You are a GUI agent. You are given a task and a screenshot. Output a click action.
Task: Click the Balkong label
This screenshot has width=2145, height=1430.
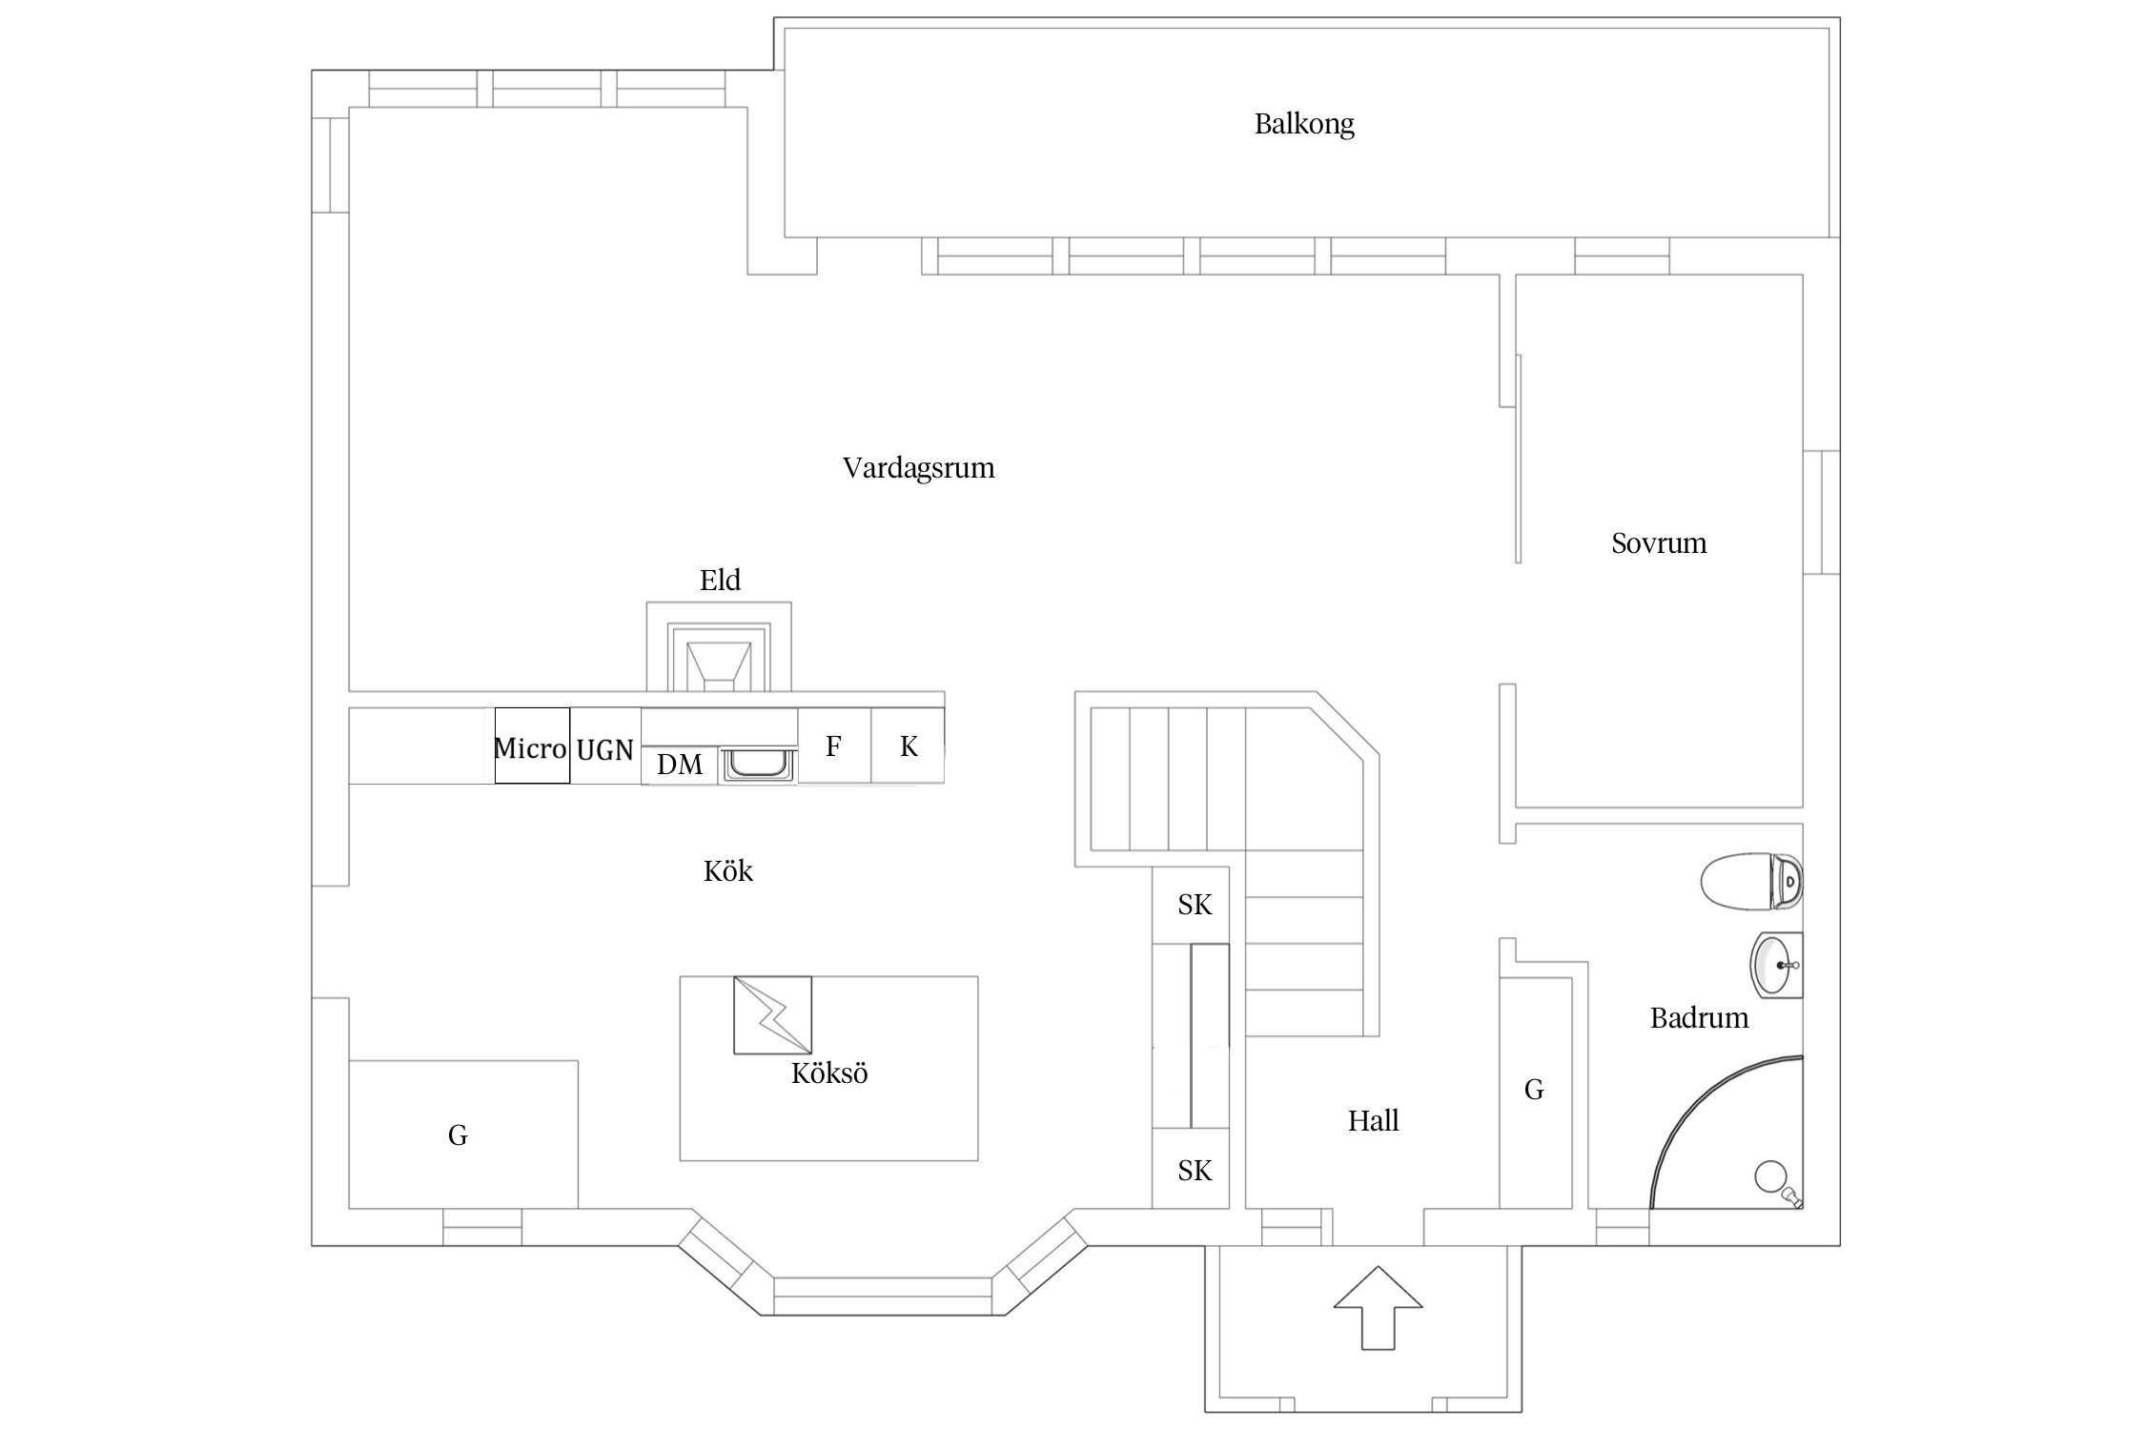(x=1303, y=124)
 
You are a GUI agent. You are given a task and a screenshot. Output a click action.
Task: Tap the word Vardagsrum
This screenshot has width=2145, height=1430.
(x=918, y=468)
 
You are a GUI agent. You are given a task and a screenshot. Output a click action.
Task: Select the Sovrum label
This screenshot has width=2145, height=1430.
(x=1659, y=543)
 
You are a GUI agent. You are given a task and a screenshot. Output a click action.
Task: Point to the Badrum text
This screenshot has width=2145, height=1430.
(x=1699, y=1018)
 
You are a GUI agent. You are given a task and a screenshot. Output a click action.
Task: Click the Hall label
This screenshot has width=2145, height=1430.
(x=1373, y=1121)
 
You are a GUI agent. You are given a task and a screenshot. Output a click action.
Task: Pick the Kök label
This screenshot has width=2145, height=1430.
(x=728, y=870)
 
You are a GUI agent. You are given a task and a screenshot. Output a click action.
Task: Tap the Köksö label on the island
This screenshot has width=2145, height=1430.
(x=829, y=1073)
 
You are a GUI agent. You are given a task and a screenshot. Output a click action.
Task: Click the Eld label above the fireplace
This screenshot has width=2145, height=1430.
(x=720, y=580)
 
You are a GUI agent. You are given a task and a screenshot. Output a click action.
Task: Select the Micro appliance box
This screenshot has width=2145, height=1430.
(x=532, y=746)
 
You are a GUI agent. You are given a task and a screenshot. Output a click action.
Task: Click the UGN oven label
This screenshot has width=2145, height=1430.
(x=605, y=750)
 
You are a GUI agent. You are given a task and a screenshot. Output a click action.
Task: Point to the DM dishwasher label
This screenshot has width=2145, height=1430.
(x=680, y=764)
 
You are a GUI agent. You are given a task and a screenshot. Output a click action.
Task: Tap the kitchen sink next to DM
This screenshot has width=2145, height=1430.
(x=759, y=765)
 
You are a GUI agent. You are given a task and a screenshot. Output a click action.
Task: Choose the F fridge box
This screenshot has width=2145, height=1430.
(x=834, y=746)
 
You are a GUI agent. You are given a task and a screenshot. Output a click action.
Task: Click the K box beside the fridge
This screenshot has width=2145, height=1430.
(x=908, y=746)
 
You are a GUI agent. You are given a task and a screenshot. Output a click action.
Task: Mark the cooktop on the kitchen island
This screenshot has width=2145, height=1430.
(x=772, y=1015)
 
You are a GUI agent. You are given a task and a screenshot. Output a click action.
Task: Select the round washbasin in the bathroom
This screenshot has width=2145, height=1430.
(x=1777, y=965)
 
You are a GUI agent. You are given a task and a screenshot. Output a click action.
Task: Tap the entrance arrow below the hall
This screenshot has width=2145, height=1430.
(x=1378, y=1308)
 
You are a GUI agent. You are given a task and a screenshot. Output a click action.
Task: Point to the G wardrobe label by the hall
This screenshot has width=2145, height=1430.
(x=1534, y=1090)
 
